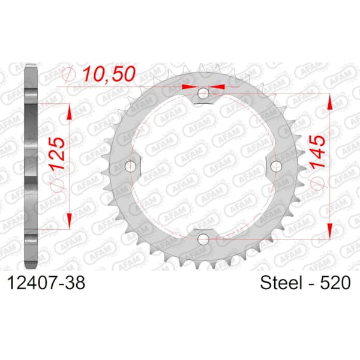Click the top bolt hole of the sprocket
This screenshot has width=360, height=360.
pos(203,93)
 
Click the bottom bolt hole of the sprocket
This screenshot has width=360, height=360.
pos(203,239)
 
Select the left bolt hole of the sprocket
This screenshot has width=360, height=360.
pos(130,166)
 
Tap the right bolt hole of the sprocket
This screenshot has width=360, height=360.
pos(276,166)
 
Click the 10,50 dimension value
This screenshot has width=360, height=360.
pos(109,74)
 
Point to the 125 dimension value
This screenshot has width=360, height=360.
pos(57,152)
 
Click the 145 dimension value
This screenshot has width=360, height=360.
pos(317,152)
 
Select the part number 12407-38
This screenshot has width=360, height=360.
pos(46,283)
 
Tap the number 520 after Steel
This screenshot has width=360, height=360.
pos(335,283)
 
